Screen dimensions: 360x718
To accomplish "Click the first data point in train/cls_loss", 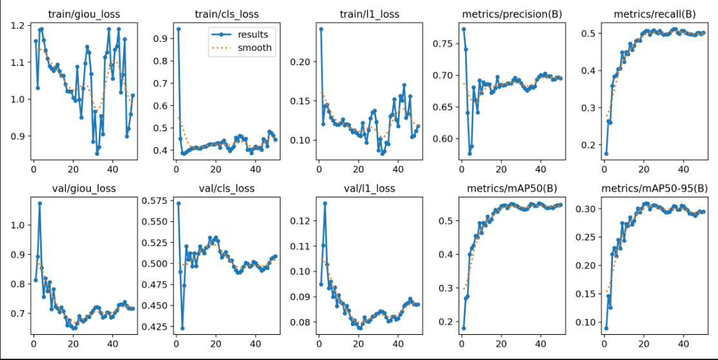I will pos(178,29).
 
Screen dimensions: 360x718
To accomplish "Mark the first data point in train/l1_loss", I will pos(321,29).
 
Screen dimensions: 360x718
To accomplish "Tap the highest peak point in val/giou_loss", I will pos(39,203).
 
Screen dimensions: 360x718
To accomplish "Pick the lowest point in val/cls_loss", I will pos(182,328).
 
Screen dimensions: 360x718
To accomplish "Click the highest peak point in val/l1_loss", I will pos(324,203).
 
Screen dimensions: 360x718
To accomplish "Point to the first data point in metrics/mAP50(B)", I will pos(463,328).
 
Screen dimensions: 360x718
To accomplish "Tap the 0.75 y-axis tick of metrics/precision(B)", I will pos(444,44).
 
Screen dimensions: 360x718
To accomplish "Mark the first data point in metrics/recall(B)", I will pos(606,154).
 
